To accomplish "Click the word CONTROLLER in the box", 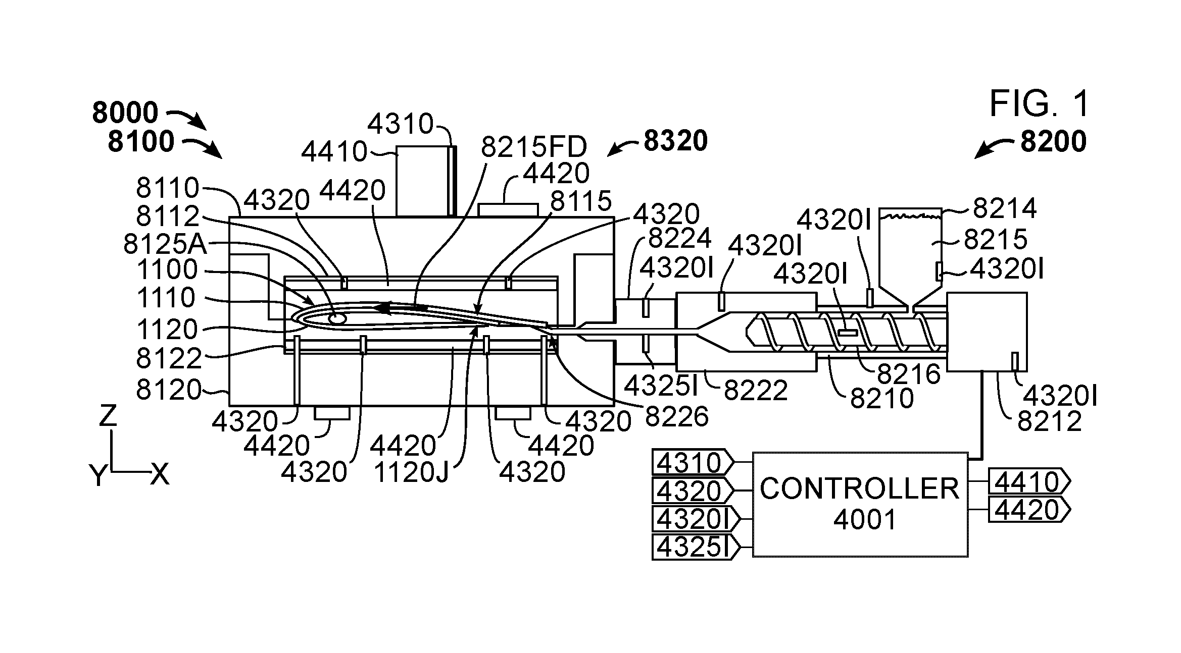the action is tap(860, 488).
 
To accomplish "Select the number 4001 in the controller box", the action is tap(865, 519).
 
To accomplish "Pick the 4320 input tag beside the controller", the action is tap(693, 490).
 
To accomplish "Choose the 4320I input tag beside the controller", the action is tap(696, 518).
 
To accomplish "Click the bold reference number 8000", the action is tap(125, 113).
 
